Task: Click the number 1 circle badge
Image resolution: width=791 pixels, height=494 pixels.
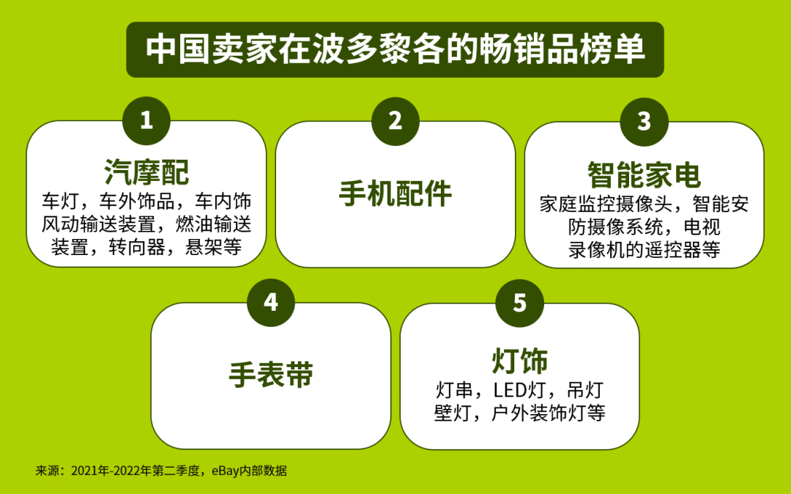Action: point(146,121)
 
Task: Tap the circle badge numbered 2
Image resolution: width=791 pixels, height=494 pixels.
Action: point(395,121)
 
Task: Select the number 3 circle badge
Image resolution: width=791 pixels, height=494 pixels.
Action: point(645,122)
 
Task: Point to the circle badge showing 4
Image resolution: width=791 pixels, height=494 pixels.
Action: point(271,302)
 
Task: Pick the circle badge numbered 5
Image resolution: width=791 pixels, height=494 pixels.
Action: point(519,303)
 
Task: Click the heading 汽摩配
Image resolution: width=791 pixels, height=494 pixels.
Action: point(146,172)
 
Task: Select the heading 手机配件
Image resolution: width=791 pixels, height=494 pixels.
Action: point(395,193)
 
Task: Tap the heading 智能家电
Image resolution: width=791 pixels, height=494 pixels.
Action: point(645,175)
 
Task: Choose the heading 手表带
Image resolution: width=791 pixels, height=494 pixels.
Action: point(271,375)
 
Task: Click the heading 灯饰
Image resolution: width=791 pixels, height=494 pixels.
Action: point(519,361)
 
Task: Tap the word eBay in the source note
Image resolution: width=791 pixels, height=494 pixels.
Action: point(225,471)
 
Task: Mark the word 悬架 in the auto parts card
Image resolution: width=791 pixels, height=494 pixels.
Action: point(204,247)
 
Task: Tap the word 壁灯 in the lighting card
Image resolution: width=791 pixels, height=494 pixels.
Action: point(453,413)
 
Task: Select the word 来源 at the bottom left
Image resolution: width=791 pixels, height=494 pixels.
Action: point(48,471)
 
